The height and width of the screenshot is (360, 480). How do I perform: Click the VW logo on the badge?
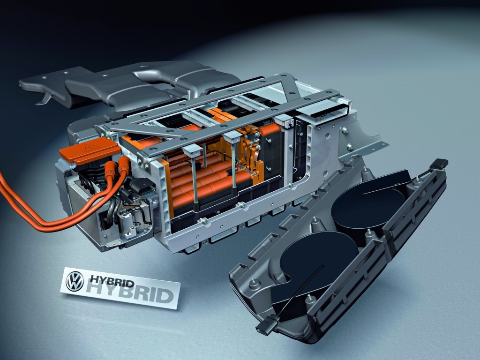tap(75, 281)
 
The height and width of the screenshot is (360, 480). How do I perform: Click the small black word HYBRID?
tap(112, 281)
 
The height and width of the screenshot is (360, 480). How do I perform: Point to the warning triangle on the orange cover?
tap(92, 147)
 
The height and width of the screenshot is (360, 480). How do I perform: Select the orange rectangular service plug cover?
tap(90, 151)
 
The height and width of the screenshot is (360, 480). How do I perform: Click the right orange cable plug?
tap(124, 165)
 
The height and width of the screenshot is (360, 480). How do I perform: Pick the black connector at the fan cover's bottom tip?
tap(268, 324)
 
